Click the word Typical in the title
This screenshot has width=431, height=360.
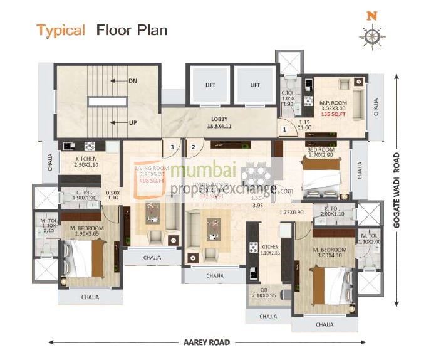point(60,31)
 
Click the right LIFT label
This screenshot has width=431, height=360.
point(254,84)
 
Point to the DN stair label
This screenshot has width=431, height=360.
point(132,80)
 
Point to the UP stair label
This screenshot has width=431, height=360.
point(132,122)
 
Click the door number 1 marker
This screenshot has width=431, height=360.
point(284,130)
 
